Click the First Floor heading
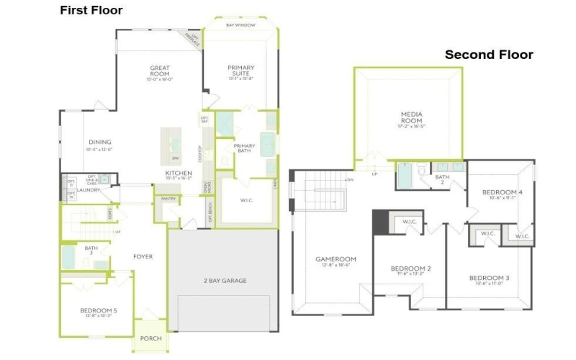91,10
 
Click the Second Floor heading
488,55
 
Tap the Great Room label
160,71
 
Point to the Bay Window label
240,25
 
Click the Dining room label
100,142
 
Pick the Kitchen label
178,174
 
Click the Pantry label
168,198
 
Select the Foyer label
143,256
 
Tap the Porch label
151,338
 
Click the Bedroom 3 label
489,278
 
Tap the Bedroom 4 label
501,192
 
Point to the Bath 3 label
91,249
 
